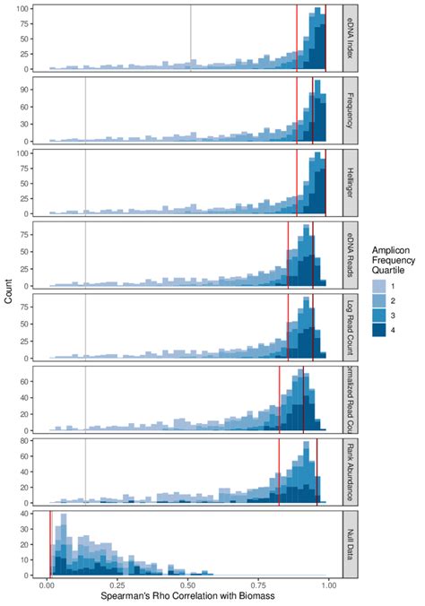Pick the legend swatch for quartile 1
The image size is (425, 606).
click(377, 285)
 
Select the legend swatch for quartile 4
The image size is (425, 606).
click(377, 331)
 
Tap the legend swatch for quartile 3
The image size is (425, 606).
click(377, 316)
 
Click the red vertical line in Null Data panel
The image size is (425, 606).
click(50, 542)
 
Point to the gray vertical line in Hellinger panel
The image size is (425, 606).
click(85, 183)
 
